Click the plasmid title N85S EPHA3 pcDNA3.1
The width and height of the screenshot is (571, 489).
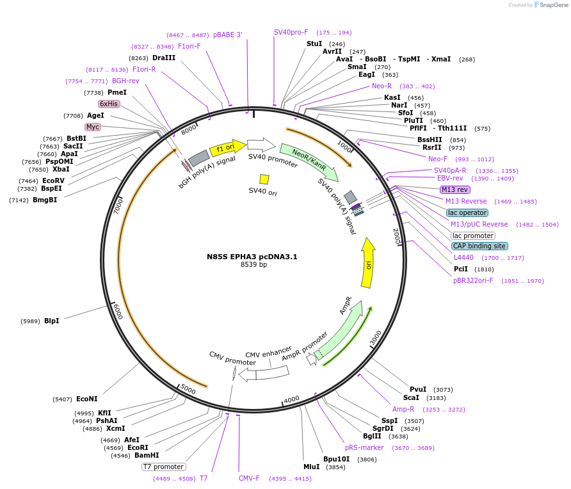click(x=252, y=257)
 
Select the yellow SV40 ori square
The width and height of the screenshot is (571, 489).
click(x=264, y=179)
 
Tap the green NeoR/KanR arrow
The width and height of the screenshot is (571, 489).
click(x=309, y=162)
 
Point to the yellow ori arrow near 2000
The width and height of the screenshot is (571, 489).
click(x=368, y=263)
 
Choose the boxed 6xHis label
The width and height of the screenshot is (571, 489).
click(x=109, y=104)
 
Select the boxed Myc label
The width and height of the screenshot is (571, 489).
click(x=93, y=127)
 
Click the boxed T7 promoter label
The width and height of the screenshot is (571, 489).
click(x=163, y=467)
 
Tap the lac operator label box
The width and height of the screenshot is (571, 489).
click(x=467, y=212)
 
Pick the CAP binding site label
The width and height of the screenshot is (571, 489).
click(x=479, y=246)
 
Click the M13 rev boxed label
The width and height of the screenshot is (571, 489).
click(x=455, y=189)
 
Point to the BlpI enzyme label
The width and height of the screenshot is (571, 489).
click(x=52, y=321)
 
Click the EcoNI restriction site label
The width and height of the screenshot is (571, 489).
click(x=87, y=399)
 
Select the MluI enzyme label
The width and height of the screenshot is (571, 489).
click(x=312, y=467)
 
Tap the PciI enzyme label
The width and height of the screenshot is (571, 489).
click(x=461, y=269)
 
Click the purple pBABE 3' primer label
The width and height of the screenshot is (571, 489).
click(x=228, y=35)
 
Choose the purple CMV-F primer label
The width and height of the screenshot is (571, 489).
click(x=249, y=478)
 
